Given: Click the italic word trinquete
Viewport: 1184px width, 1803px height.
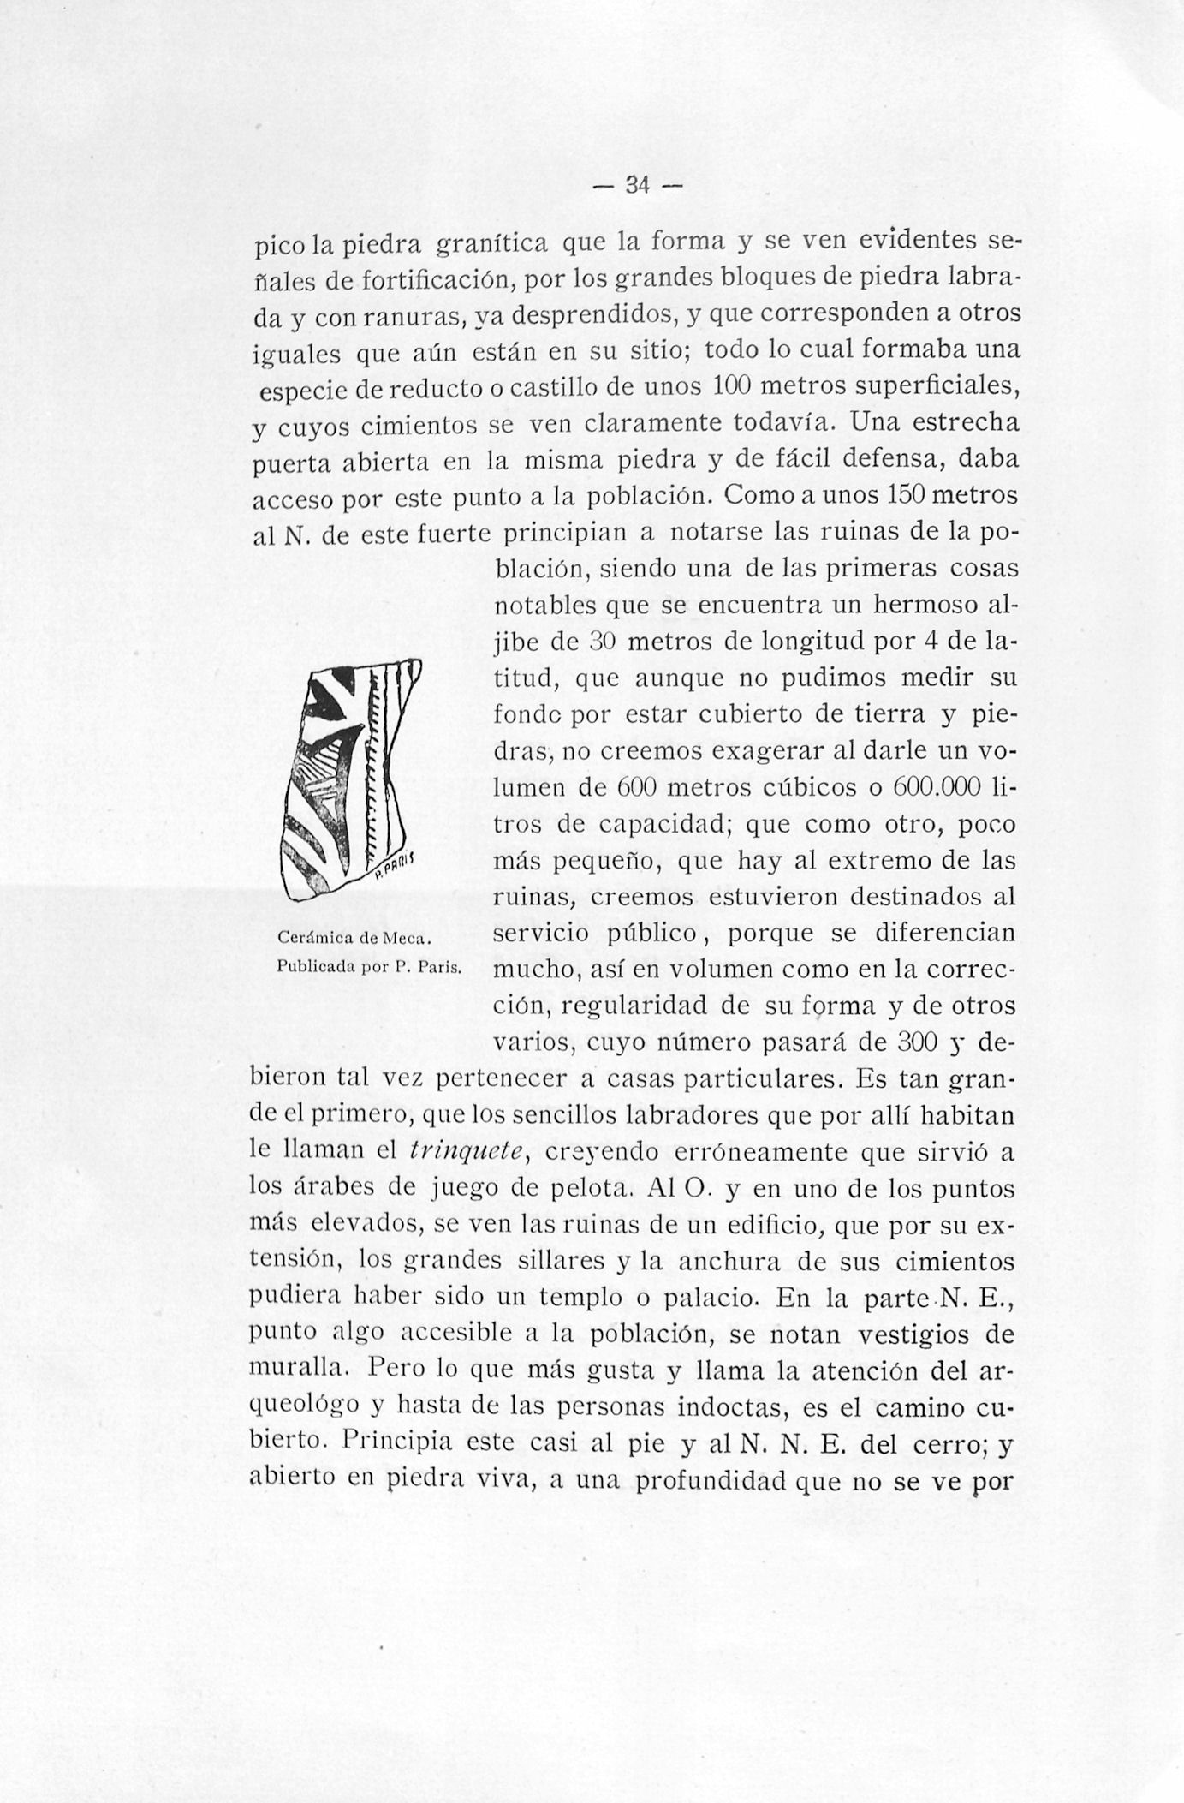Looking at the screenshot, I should (x=466, y=1154).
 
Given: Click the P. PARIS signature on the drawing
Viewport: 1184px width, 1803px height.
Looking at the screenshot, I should (x=395, y=867).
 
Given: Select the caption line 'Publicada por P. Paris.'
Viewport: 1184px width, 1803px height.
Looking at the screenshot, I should (x=369, y=968).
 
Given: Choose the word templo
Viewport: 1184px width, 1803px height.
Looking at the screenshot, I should (x=580, y=1299).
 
